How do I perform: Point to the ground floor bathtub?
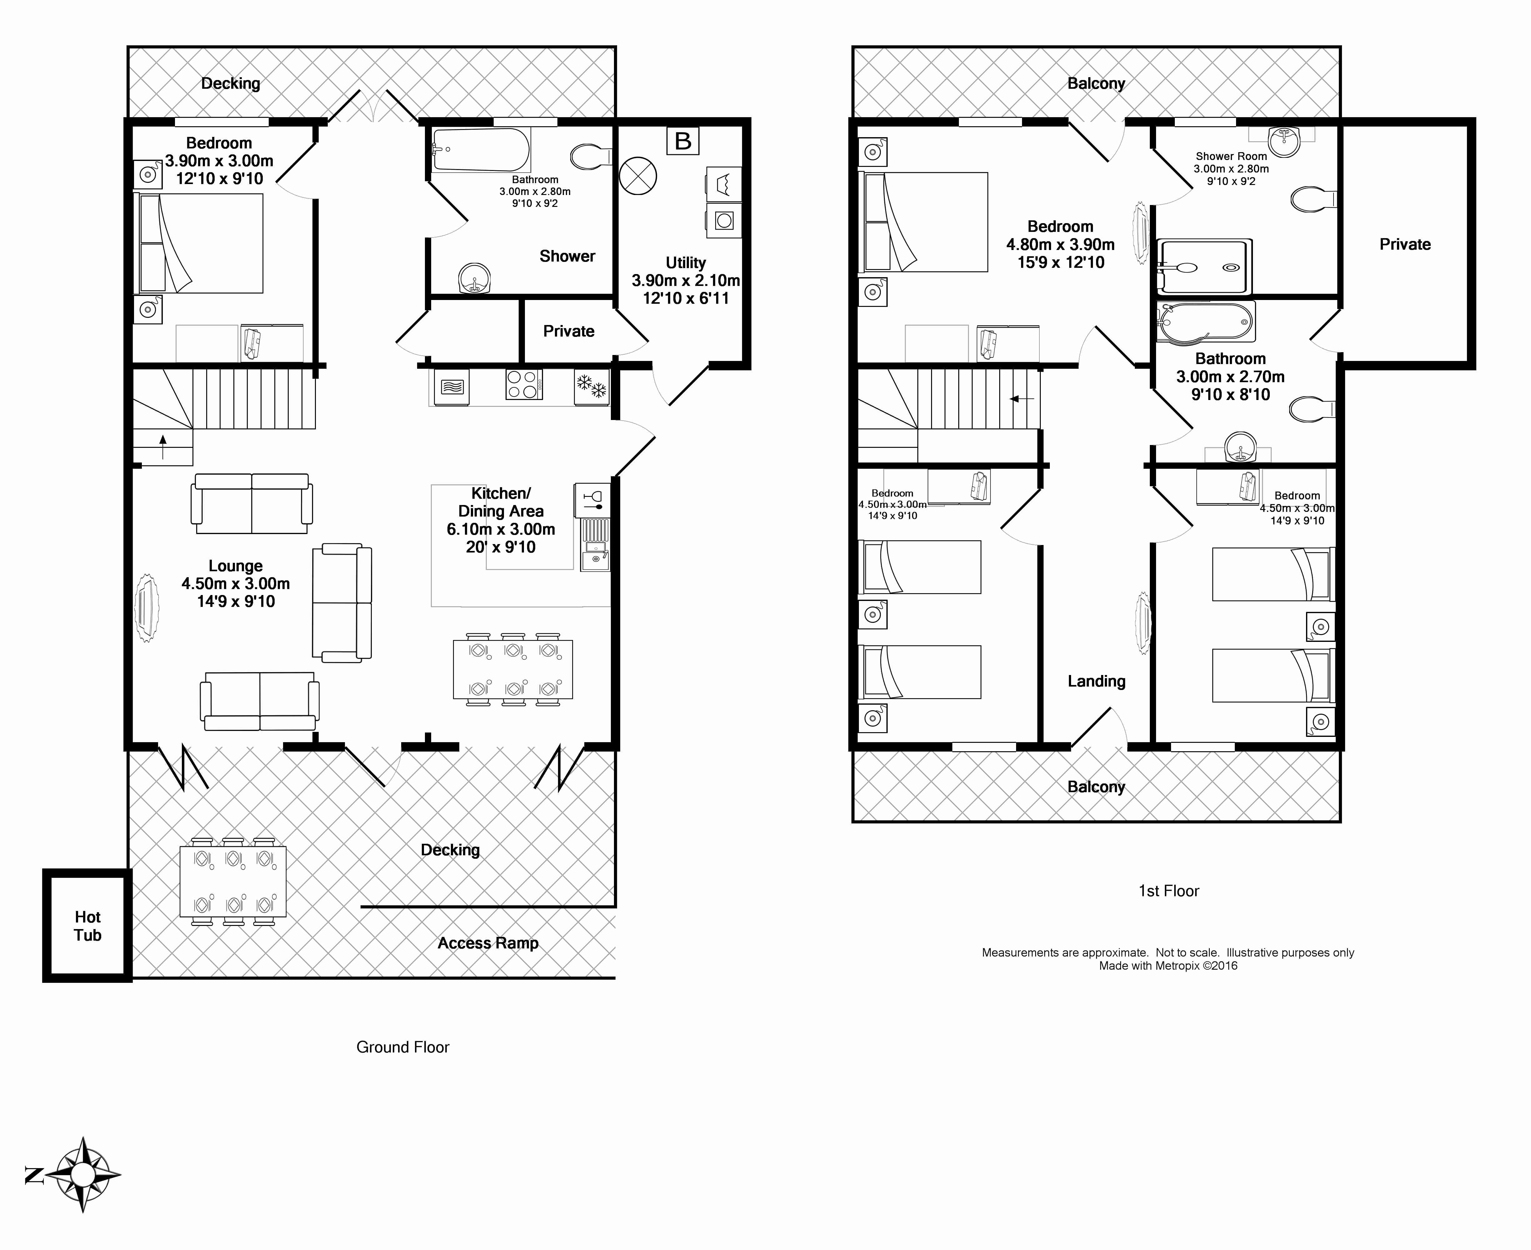click(481, 150)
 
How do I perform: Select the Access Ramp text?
click(488, 943)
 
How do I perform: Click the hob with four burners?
click(524, 384)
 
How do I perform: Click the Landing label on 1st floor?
click(1096, 681)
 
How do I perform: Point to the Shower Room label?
click(1231, 156)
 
